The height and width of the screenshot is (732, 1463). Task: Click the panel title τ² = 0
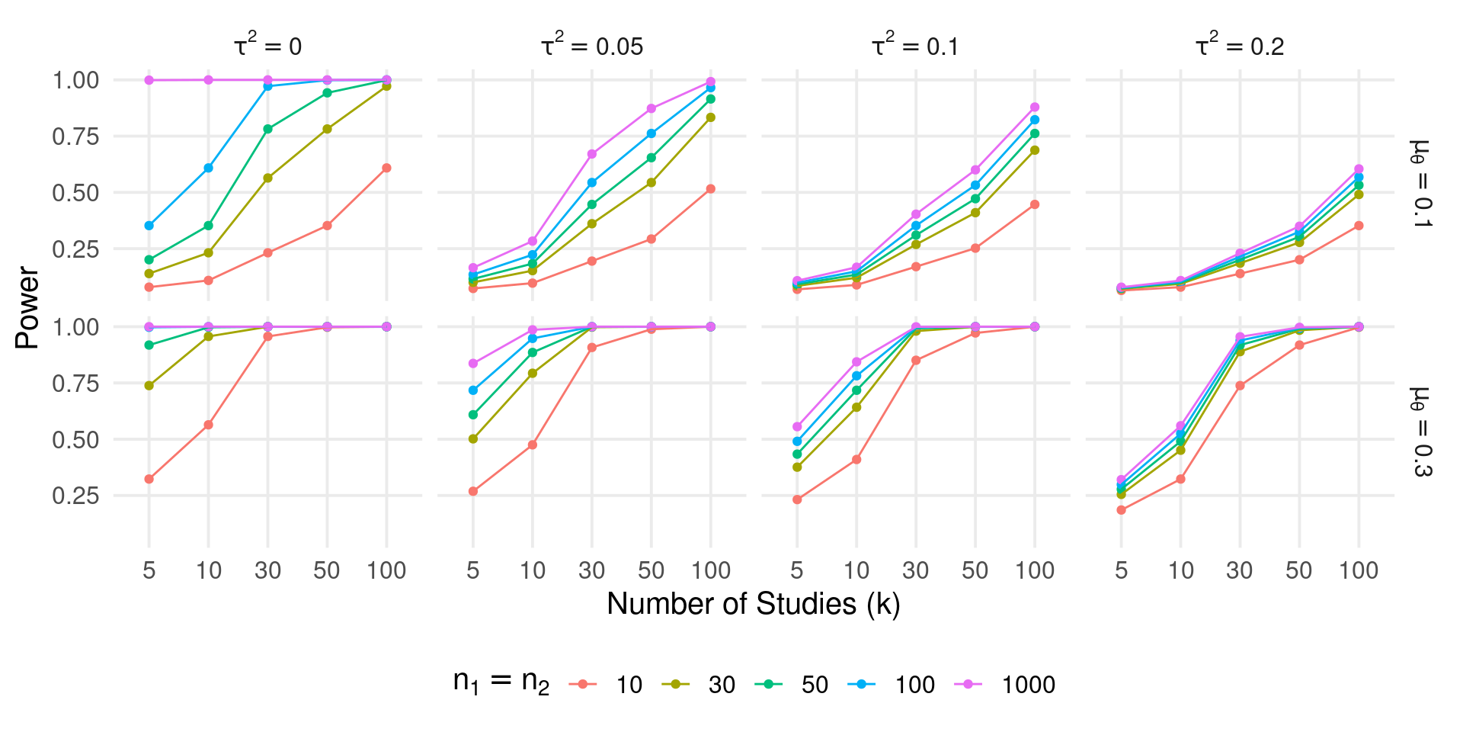point(267,46)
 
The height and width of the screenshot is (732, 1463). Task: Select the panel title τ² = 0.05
point(592,46)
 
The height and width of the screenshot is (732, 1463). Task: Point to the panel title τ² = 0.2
point(1240,46)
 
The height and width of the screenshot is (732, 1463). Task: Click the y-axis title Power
point(27,307)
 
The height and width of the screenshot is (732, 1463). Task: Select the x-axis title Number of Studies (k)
point(754,604)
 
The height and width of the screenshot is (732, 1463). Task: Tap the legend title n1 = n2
point(501,682)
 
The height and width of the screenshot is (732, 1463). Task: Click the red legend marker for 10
point(584,684)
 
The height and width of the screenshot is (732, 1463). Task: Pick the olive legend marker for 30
point(676,684)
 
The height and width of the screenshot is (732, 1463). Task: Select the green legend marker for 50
point(769,684)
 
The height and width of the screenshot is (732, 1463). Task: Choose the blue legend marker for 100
point(862,684)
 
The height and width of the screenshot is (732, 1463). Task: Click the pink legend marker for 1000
point(968,684)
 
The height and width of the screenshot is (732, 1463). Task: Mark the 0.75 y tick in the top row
point(75,136)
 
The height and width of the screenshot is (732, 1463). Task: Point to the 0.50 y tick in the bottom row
point(75,440)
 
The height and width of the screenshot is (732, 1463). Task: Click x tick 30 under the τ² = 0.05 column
point(592,570)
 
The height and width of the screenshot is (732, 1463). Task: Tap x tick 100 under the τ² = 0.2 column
point(1359,570)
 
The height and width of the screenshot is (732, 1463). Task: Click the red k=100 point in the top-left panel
point(386,168)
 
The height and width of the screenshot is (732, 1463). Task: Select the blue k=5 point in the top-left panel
point(149,226)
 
